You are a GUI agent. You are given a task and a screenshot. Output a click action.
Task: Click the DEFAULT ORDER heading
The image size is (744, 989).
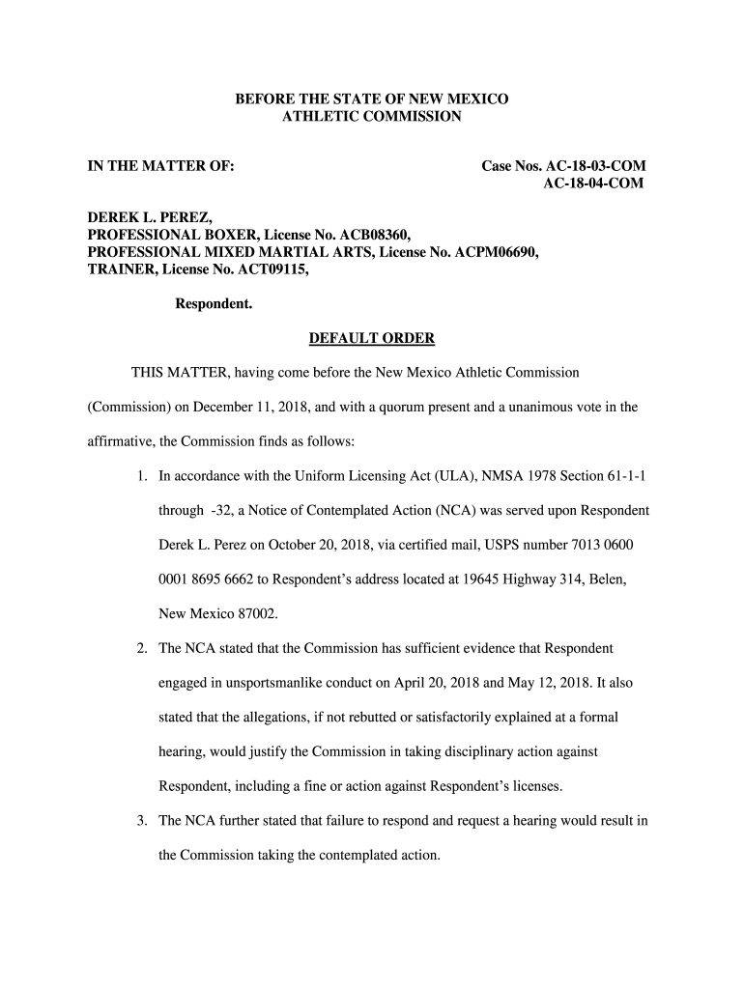point(372,338)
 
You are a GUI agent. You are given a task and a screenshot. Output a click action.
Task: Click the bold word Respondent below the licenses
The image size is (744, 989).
point(213,304)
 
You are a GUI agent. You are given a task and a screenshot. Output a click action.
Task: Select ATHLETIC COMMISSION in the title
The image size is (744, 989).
point(372,117)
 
